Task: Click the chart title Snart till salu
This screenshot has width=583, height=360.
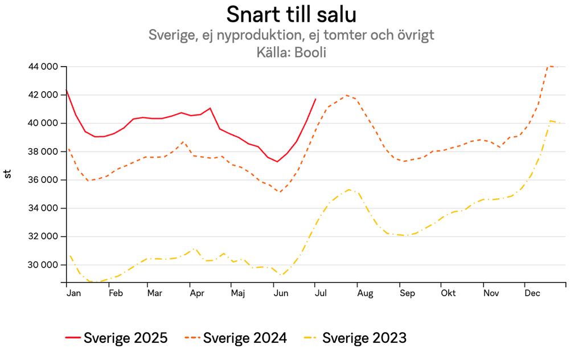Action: pyautogui.click(x=291, y=13)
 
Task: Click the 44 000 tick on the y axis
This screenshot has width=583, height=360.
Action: pyautogui.click(x=43, y=67)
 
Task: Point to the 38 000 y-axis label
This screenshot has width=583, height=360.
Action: pyautogui.click(x=43, y=152)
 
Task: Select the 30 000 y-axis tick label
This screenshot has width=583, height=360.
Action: pyautogui.click(x=43, y=265)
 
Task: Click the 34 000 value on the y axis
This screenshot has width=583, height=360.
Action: pyautogui.click(x=43, y=208)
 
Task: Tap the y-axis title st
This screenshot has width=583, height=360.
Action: pyautogui.click(x=8, y=174)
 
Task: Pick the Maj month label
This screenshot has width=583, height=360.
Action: pyautogui.click(x=238, y=293)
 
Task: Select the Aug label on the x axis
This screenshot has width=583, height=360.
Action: pyautogui.click(x=365, y=293)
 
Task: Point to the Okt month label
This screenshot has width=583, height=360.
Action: pyautogui.click(x=448, y=293)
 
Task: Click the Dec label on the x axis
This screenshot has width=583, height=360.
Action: pyautogui.click(x=532, y=293)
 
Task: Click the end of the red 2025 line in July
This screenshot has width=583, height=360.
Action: pyautogui.click(x=315, y=99)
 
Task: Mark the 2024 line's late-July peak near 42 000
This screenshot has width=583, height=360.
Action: pyautogui.click(x=347, y=95)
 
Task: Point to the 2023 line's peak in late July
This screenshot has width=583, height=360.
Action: pyautogui.click(x=349, y=190)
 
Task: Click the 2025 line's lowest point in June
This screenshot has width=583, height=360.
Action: pyautogui.click(x=277, y=162)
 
